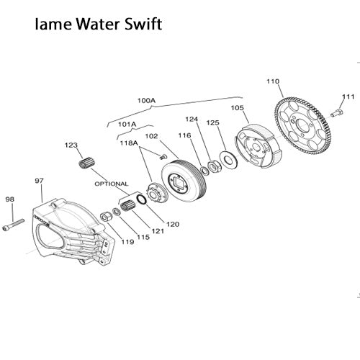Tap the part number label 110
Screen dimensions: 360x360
pyautogui.click(x=272, y=81)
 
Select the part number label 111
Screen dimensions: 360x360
pyautogui.click(x=348, y=96)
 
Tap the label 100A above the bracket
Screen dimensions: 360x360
pyautogui.click(x=146, y=109)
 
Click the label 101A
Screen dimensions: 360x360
pyautogui.click(x=127, y=124)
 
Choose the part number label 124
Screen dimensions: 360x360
pyautogui.click(x=192, y=120)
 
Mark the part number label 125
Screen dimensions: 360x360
pyautogui.click(x=212, y=124)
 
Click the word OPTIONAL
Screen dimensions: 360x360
pyautogui.click(x=111, y=184)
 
